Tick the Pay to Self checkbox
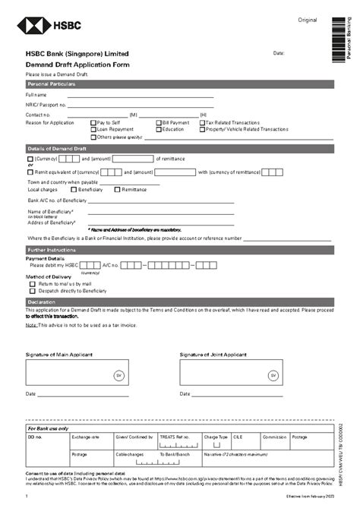[x=93, y=122]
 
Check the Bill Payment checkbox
[x=159, y=122]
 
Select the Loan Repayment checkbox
[x=93, y=129]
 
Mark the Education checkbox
[x=159, y=129]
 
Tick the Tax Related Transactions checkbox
[x=202, y=122]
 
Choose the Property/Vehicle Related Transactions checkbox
[x=202, y=129]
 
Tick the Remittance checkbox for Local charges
[x=117, y=189]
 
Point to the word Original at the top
[x=307, y=18]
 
